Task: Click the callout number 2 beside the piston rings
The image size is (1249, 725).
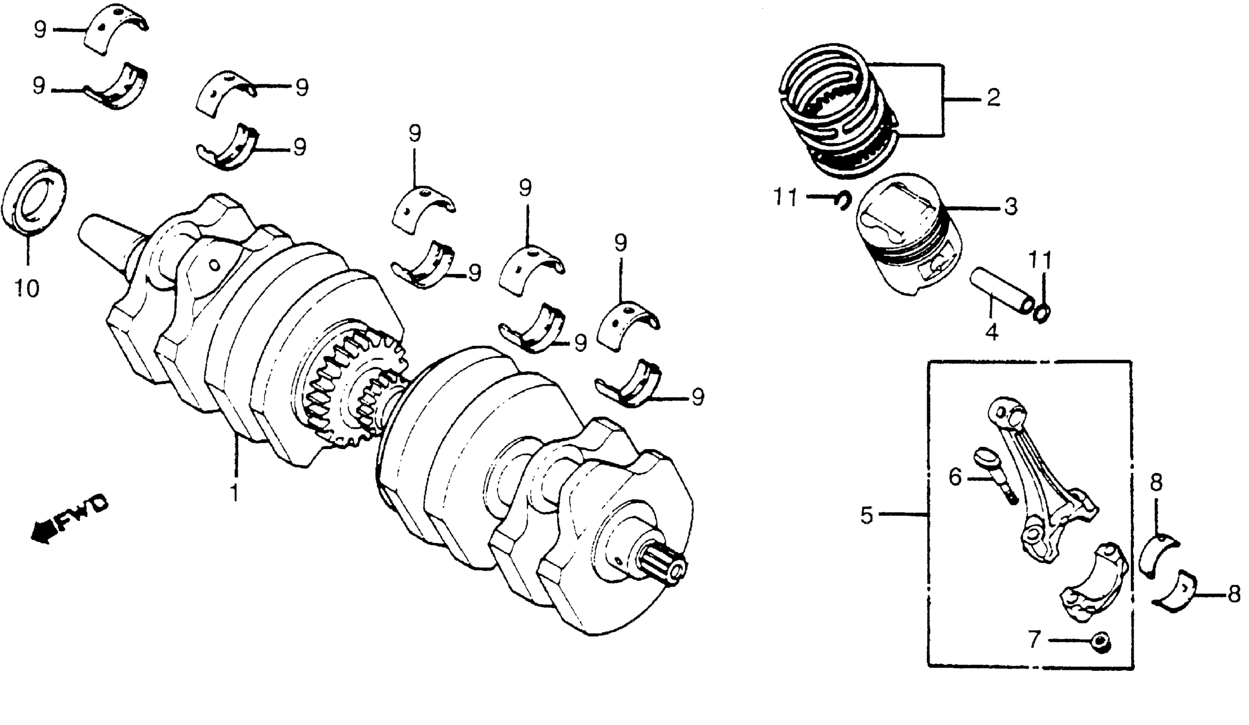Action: pyautogui.click(x=993, y=98)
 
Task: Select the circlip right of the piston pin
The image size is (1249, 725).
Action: pyautogui.click(x=1042, y=313)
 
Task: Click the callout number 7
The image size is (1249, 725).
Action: pyautogui.click(x=1033, y=640)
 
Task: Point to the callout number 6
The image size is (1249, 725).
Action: pyautogui.click(x=955, y=478)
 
